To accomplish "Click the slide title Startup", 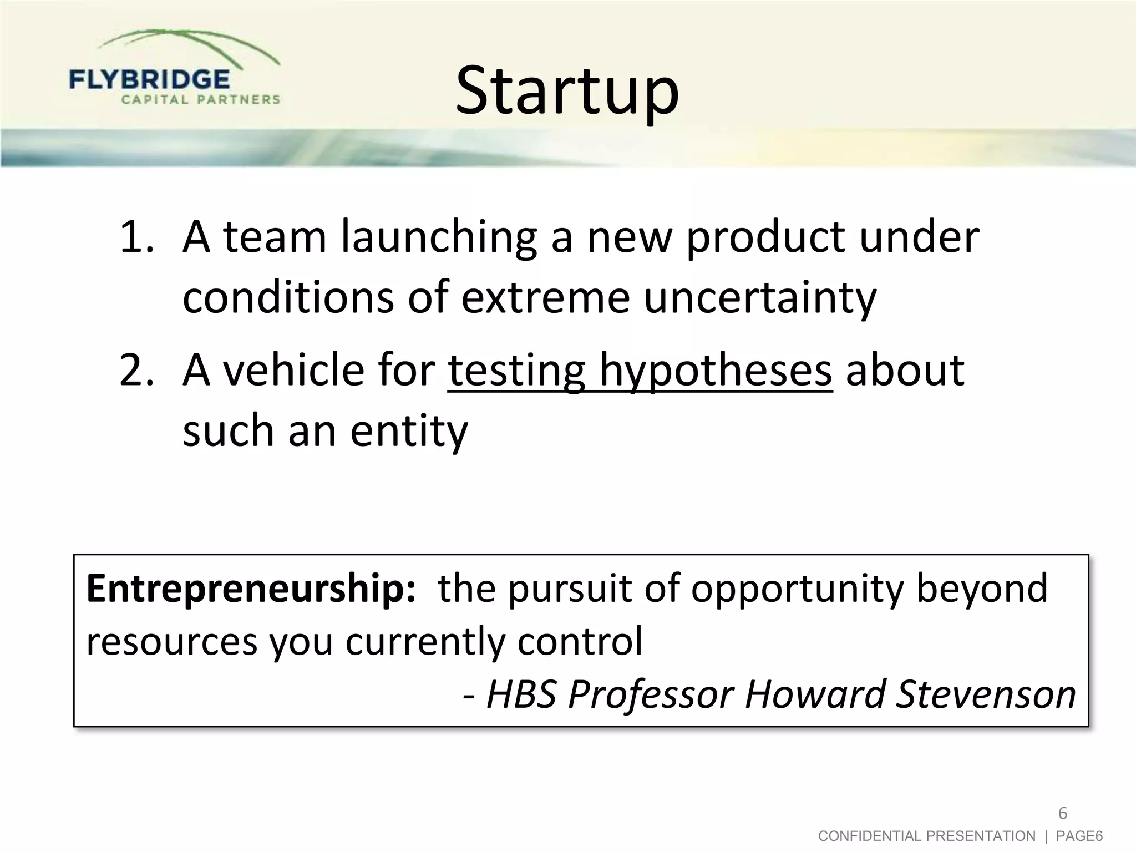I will [567, 92].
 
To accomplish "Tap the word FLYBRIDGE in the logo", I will [149, 79].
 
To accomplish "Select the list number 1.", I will [135, 237].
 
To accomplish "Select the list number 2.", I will [135, 371].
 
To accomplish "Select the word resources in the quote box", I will [172, 641].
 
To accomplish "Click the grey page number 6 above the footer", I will [1062, 814].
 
